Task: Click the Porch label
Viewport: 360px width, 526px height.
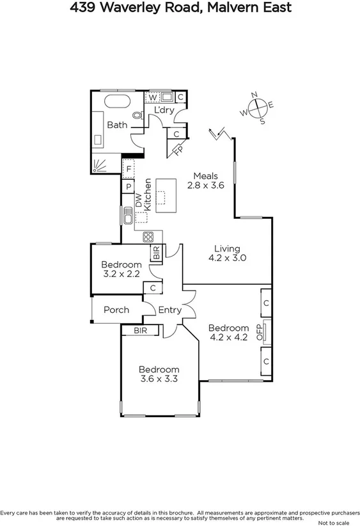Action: tap(116, 310)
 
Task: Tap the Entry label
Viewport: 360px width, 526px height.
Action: tap(170, 310)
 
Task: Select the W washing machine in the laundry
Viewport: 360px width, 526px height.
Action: tap(153, 97)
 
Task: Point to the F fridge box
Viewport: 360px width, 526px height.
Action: tap(129, 169)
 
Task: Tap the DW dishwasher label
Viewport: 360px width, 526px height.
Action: tap(138, 202)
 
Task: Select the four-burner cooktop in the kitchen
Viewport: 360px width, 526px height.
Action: tap(148, 235)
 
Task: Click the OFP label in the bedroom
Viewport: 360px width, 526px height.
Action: tap(259, 331)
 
